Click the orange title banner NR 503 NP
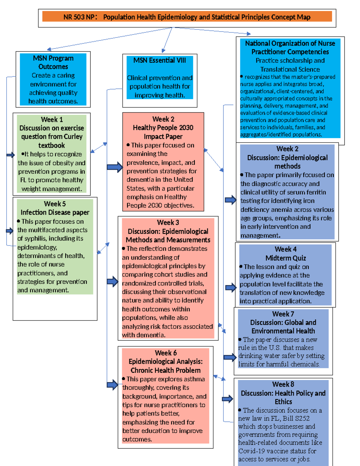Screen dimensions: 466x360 (x=187, y=17)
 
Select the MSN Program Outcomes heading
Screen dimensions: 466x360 (x=53, y=62)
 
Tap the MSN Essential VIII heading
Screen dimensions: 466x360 (x=160, y=60)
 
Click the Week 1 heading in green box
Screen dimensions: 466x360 (x=52, y=119)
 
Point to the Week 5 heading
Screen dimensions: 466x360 (x=55, y=204)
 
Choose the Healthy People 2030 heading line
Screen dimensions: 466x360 (x=163, y=128)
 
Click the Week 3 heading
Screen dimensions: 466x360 (x=168, y=222)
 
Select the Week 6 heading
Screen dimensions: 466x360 (x=166, y=353)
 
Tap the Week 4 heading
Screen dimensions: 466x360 (x=286, y=249)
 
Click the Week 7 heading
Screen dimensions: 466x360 (x=283, y=314)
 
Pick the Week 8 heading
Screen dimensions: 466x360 (x=283, y=384)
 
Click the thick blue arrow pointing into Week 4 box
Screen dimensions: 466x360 (x=231, y=287)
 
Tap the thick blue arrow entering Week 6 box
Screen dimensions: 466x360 (x=112, y=384)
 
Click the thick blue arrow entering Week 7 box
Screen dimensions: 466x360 (x=230, y=357)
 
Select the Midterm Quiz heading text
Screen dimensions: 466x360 (x=286, y=258)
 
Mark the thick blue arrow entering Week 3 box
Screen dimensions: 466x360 (x=112, y=281)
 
